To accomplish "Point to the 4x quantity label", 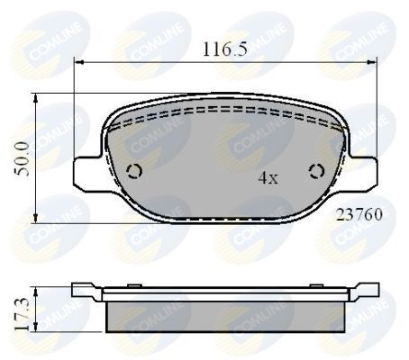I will click(268, 178).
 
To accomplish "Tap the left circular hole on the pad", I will click(137, 172).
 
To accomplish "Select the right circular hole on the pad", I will click(316, 172).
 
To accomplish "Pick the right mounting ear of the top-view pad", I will click(363, 172).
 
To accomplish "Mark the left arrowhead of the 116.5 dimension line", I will click(78, 62).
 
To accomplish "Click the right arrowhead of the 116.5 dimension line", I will click(375, 62).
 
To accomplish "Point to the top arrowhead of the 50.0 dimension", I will click(33, 98).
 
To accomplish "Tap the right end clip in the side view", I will click(365, 290).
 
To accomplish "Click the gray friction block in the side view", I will click(226, 314).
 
